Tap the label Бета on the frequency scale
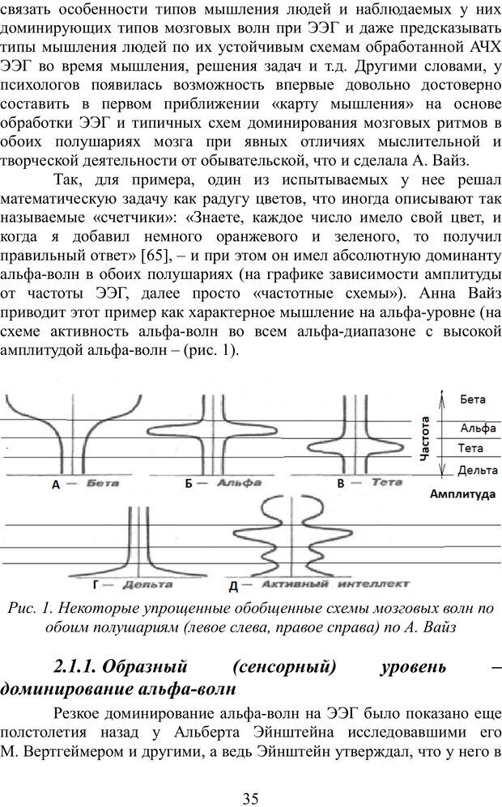click(472, 399)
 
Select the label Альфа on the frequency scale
click(477, 429)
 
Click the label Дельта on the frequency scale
click(478, 469)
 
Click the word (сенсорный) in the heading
click(282, 667)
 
